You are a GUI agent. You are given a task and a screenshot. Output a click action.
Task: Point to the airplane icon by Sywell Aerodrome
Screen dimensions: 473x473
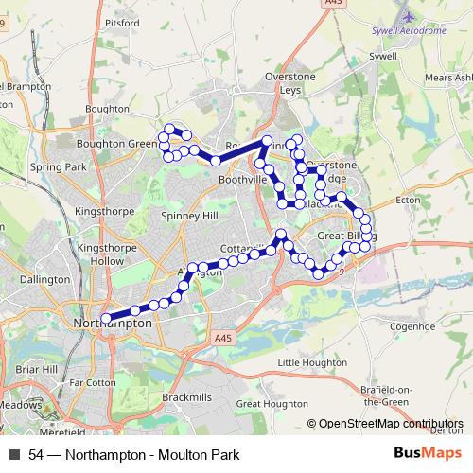pyautogui.click(x=408, y=16)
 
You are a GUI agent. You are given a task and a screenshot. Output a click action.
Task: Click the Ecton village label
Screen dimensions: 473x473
pyautogui.click(x=408, y=200)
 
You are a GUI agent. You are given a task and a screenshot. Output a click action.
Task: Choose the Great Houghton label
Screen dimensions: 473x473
pyautogui.click(x=267, y=404)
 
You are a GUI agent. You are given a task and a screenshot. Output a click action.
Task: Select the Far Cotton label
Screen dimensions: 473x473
pyautogui.click(x=92, y=383)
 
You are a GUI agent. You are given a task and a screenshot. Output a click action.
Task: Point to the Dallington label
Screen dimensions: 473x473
pyautogui.click(x=44, y=280)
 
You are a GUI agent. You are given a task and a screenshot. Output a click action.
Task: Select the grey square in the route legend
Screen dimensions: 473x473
pyautogui.click(x=14, y=455)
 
